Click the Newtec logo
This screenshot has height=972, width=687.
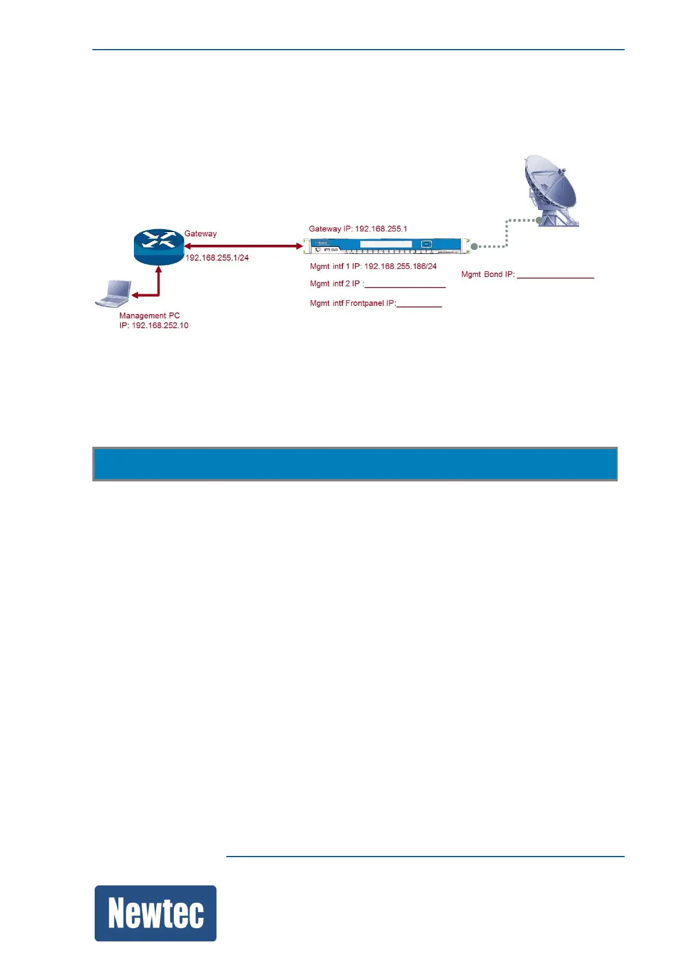(155, 913)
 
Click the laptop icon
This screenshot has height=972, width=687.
(114, 293)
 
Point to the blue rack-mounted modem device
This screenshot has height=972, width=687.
(385, 245)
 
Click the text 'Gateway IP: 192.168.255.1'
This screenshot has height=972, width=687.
(358, 229)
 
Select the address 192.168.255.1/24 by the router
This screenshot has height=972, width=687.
(217, 258)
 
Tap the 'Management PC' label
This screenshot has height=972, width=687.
(150, 316)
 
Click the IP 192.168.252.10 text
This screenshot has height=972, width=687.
(154, 326)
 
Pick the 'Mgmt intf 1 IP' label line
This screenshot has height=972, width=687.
(373, 267)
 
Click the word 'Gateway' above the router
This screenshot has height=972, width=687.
(200, 234)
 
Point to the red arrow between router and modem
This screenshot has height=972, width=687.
(243, 246)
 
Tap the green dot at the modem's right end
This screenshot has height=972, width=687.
(475, 247)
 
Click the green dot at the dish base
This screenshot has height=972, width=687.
(539, 220)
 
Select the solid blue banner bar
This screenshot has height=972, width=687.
(355, 463)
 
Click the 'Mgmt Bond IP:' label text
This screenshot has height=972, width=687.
(488, 275)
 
